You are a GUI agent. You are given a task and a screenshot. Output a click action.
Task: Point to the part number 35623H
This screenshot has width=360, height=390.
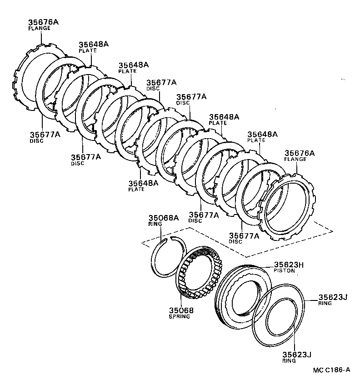coord(289,265)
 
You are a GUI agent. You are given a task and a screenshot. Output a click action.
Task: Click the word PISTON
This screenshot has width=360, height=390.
coord(284,271)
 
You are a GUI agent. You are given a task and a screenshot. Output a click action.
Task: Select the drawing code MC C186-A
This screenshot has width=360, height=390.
coord(331,370)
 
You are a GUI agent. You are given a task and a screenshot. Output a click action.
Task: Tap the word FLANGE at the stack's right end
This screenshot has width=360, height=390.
coord(295,159)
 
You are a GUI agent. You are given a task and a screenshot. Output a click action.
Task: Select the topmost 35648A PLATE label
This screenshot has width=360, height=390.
coord(94,45)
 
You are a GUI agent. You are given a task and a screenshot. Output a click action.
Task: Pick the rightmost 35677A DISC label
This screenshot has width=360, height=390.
coord(244,235)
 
